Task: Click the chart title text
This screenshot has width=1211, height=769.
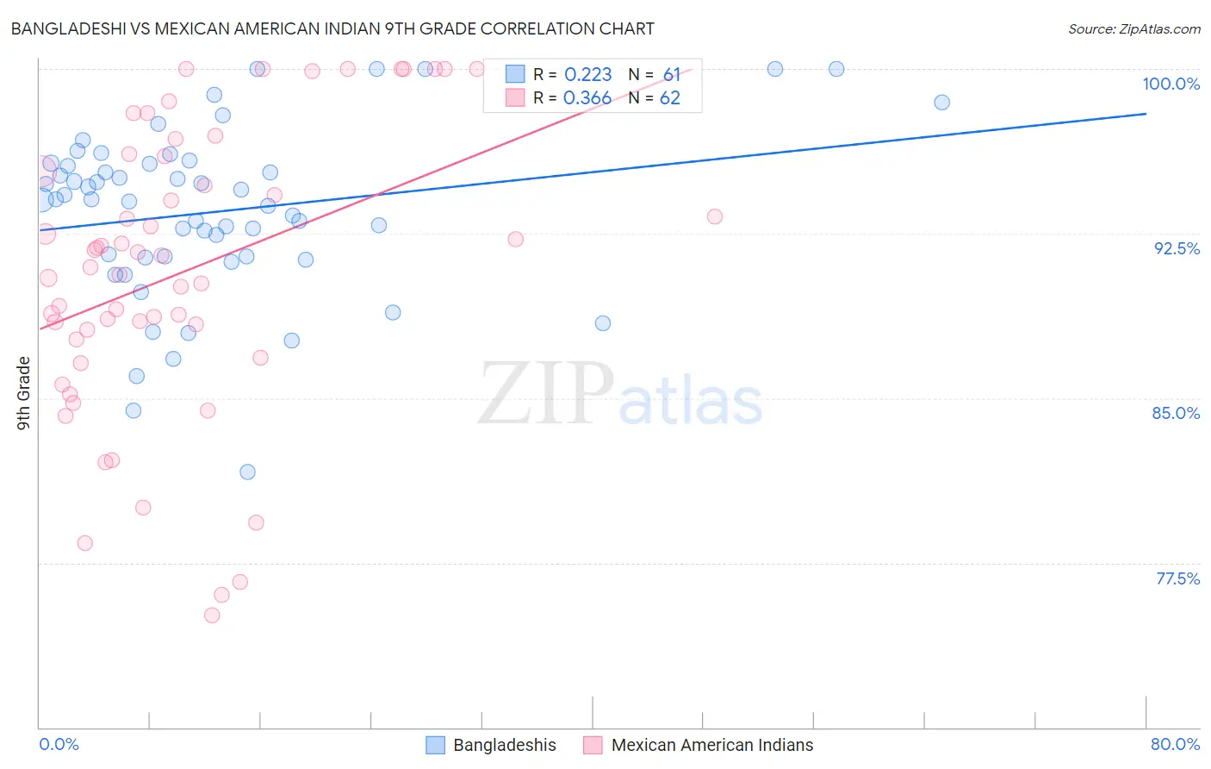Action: [x=332, y=28]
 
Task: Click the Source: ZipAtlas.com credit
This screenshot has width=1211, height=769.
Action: [x=1133, y=28]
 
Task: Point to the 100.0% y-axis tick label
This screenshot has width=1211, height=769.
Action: [x=1171, y=84]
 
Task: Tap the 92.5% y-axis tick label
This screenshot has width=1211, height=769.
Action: [x=1177, y=248]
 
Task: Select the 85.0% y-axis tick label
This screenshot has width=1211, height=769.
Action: [x=1176, y=413]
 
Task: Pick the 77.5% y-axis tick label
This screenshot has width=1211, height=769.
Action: [x=1177, y=578]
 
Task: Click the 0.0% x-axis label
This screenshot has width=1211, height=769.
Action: [x=59, y=744]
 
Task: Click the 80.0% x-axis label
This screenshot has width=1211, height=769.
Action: [x=1175, y=744]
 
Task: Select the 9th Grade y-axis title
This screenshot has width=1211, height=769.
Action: [x=24, y=393]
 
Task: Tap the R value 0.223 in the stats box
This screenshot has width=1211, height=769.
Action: [x=587, y=74]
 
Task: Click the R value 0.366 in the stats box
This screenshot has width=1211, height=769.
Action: [x=587, y=98]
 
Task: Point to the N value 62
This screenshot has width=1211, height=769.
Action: [x=670, y=98]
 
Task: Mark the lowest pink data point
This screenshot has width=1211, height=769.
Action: [x=212, y=616]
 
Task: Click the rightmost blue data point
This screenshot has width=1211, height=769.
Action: [x=942, y=103]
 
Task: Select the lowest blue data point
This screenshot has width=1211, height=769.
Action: [x=247, y=472]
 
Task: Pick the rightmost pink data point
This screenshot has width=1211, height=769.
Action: [x=715, y=216]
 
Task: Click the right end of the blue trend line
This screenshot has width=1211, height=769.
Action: [x=1146, y=114]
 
